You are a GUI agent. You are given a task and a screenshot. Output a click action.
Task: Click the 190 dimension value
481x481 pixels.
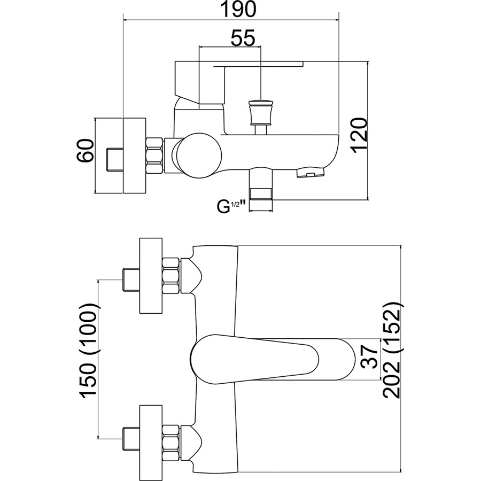(x=231, y=10)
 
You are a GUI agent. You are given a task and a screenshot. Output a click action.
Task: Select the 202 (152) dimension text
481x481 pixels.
(x=393, y=353)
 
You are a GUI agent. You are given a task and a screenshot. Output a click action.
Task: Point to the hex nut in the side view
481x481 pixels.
(x=154, y=156)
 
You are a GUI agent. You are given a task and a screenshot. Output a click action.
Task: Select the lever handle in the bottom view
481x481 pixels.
(x=273, y=360)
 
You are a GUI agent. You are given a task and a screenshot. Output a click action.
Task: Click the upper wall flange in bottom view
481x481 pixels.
(x=150, y=276)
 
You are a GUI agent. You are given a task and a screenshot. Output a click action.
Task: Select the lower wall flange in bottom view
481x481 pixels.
(x=150, y=441)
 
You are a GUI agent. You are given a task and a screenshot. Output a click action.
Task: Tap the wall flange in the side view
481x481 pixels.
(x=134, y=155)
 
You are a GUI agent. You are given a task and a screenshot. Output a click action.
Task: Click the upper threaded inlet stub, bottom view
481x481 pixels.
(x=130, y=276)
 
